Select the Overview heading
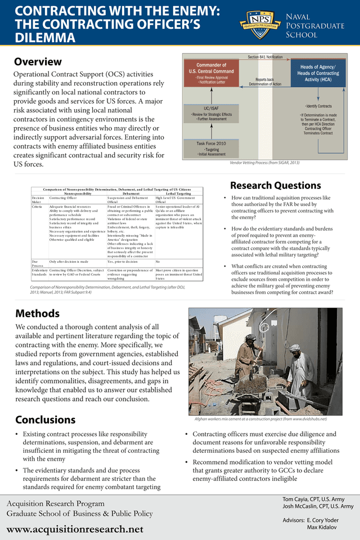38,61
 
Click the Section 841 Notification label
265,57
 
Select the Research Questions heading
276,185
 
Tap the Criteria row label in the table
38,208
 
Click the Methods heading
37,313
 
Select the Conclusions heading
45,420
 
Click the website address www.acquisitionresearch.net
75,529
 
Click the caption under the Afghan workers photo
260,419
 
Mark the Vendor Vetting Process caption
264,163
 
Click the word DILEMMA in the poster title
45,38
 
